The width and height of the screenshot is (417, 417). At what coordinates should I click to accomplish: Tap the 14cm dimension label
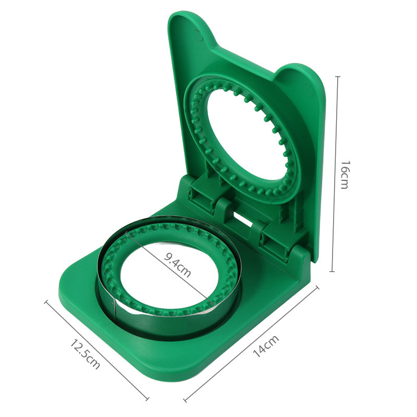[x=265, y=346]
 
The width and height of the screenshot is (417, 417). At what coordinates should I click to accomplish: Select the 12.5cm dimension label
[x=85, y=354]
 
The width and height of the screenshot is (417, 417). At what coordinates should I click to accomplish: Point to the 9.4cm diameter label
[x=177, y=265]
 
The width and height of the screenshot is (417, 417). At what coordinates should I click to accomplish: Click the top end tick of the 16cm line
[x=338, y=77]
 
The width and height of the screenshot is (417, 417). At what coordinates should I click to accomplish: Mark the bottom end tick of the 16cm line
[x=332, y=272]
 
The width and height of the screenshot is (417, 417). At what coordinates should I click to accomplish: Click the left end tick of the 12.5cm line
[x=46, y=302]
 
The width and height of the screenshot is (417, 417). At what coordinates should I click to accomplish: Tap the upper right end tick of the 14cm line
[x=317, y=288]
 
